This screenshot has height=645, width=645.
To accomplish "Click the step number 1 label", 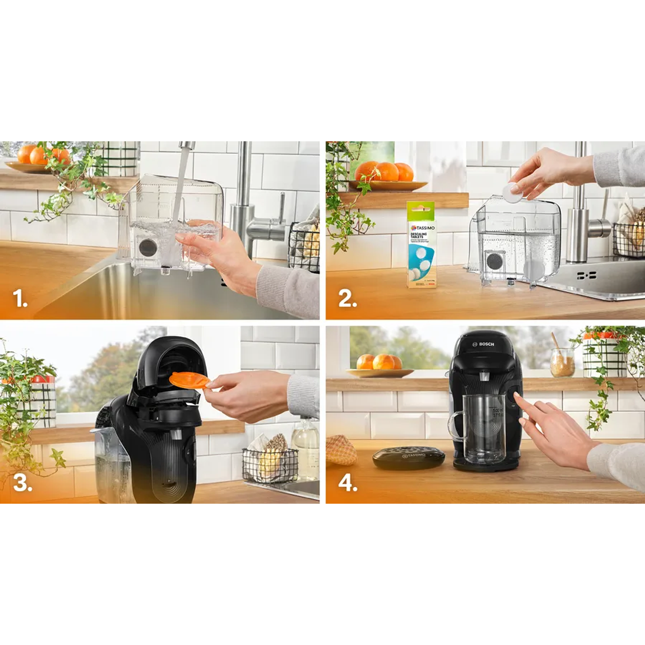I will click(20, 299).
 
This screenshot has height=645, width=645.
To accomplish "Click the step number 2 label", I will click(347, 299).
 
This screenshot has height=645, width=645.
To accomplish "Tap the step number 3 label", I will click(22, 483).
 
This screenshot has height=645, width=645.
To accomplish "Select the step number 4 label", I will click(348, 483).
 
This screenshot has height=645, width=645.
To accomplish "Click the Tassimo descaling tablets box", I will click(421, 245).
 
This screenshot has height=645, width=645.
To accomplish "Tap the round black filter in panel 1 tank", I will click(148, 248).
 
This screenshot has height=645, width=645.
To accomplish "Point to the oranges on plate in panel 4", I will click(379, 362).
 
